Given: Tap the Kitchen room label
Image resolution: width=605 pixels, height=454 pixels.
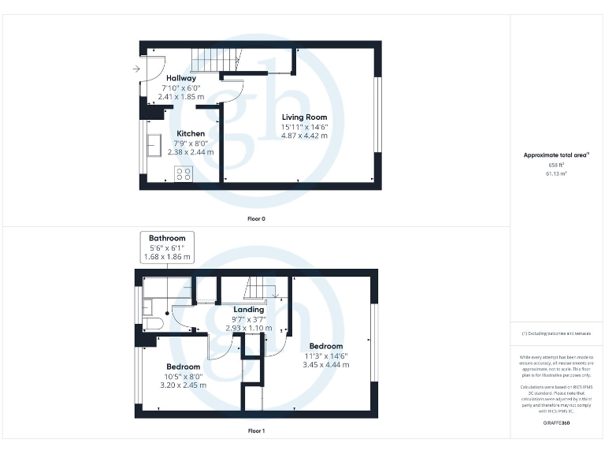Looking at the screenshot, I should coord(191,133).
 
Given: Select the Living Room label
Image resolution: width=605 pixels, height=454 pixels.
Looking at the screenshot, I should coord(305,117).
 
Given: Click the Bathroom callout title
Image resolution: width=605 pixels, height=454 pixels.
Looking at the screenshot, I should coord(167,238).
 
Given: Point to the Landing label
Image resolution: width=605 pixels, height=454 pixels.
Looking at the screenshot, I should coord(249,310).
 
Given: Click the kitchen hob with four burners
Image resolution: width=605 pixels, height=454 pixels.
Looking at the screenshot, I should coord(184,174).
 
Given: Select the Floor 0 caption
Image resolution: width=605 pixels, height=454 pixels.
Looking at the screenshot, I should coord(255,218).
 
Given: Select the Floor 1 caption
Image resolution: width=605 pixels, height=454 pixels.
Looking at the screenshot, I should coord(256,431).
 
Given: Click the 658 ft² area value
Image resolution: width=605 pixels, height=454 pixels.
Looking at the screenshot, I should coord(556,166).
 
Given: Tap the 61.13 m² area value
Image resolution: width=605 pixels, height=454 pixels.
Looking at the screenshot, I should coord(556,173).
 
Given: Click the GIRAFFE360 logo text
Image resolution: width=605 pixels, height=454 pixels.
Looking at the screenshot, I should coord(556,424).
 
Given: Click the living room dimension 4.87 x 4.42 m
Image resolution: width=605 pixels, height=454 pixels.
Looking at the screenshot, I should coord(305,136).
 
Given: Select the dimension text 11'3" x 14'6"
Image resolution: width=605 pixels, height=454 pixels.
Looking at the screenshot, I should coord(325,355).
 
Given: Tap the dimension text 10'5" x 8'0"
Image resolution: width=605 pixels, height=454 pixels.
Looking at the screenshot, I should coord(182,376).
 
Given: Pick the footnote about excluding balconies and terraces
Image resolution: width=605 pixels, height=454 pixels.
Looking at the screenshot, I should coord(556,333).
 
